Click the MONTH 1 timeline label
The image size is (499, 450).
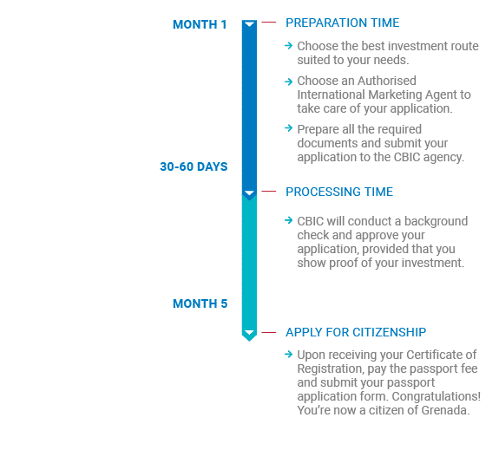(x=200, y=24)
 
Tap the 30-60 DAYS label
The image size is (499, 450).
(x=194, y=166)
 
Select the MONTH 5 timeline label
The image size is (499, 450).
(x=200, y=303)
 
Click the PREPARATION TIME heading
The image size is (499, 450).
(x=343, y=23)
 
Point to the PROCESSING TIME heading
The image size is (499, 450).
(x=339, y=192)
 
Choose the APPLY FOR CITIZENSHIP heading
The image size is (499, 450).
(x=356, y=332)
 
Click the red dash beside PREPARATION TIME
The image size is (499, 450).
(x=269, y=23)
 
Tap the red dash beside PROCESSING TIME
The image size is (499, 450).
(x=269, y=192)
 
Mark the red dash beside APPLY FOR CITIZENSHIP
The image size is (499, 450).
(x=269, y=333)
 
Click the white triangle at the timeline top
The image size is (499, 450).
(x=250, y=24)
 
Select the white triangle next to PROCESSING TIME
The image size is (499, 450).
(x=250, y=193)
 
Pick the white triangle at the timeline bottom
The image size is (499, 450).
(x=250, y=333)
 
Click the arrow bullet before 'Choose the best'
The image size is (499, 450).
(x=289, y=45)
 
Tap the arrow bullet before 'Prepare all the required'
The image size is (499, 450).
(x=289, y=128)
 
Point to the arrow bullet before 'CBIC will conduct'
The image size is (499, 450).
(x=289, y=220)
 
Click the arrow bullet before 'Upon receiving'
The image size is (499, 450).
(x=289, y=354)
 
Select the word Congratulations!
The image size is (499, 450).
(x=436, y=396)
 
